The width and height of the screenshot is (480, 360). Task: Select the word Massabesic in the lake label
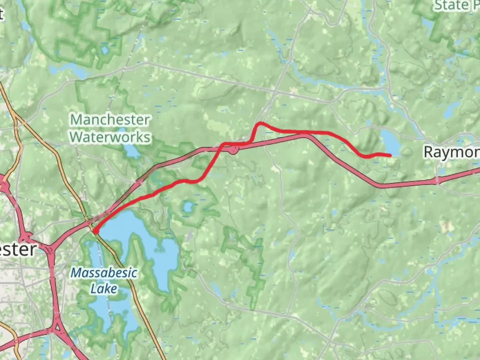[x=104, y=273]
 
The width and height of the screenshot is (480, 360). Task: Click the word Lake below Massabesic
[x=104, y=289]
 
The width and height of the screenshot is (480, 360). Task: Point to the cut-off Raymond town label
[x=451, y=152]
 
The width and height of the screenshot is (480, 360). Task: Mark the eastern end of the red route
[x=390, y=155]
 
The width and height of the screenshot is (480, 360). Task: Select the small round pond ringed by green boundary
[x=188, y=208]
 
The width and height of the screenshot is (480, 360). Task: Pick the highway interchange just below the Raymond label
[x=438, y=181]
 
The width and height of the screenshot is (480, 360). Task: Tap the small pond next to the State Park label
[x=427, y=23]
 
